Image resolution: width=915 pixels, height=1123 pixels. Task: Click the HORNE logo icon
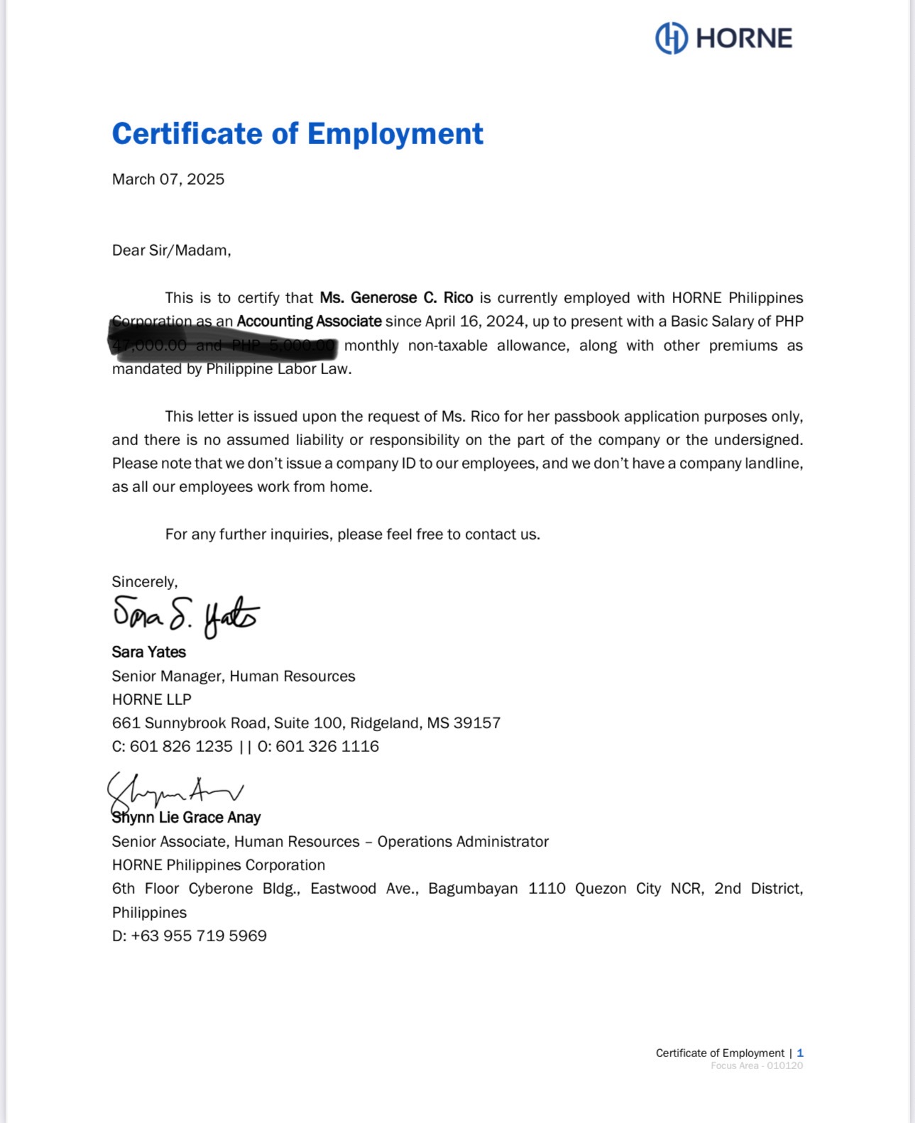671,38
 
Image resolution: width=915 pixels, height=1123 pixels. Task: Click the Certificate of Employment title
297,134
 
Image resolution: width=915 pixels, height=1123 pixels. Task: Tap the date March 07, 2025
168,179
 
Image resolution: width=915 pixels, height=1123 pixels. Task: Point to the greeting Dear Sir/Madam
171,251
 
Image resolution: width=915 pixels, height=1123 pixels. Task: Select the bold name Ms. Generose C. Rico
396,298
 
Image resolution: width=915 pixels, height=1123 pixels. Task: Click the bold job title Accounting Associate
309,322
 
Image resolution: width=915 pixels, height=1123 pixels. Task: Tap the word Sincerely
144,582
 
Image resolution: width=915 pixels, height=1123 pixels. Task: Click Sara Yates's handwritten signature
186,615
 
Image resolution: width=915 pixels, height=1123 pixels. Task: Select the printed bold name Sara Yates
149,652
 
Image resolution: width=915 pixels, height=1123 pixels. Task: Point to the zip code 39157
477,723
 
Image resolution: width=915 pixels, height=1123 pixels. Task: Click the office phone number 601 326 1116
327,747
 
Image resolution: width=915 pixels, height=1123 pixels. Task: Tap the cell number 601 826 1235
181,747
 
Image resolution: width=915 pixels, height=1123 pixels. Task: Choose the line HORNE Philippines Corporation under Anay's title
219,865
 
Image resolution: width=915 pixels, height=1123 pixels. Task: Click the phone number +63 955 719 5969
199,936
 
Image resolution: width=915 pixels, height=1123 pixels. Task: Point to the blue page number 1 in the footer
800,1053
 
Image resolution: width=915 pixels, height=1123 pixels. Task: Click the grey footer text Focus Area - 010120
757,1066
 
